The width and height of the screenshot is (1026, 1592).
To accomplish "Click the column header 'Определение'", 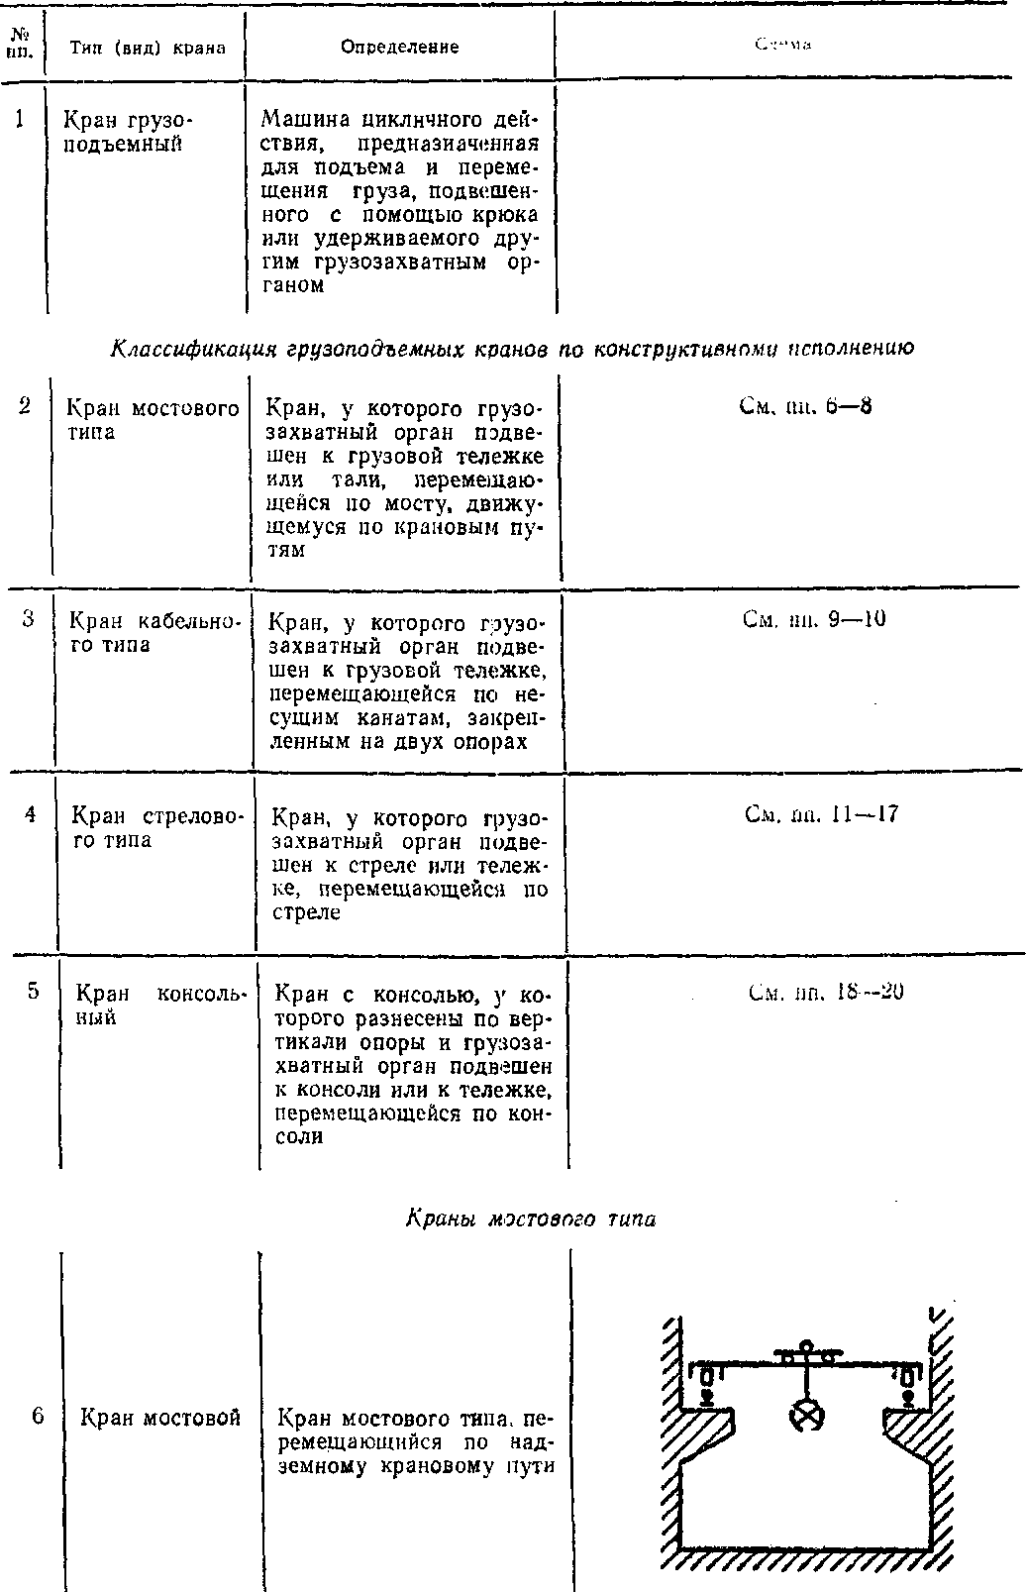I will click(x=399, y=47).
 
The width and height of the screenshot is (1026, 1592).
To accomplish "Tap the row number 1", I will click(x=21, y=120).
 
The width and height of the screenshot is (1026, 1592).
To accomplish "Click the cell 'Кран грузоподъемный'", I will click(x=129, y=132).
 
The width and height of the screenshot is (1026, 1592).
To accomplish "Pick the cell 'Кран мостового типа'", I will click(x=153, y=420).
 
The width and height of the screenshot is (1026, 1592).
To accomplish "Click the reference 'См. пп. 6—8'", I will click(x=805, y=406).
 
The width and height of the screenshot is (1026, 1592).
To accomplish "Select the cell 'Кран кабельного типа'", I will click(x=154, y=633).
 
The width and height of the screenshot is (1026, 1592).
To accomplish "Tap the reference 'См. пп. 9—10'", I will click(x=813, y=620).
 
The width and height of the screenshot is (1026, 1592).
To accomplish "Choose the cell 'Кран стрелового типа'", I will click(x=156, y=828).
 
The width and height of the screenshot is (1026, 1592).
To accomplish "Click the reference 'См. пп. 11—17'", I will click(x=821, y=815).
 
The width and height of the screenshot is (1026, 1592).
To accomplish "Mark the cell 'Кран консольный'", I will click(x=161, y=1005).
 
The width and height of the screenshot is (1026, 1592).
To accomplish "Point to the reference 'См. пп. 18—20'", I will click(x=827, y=993).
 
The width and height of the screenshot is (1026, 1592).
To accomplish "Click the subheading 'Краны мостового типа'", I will click(x=530, y=1219).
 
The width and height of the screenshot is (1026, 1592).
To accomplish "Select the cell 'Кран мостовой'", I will click(x=160, y=1418).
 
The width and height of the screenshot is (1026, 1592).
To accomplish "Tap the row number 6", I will click(x=38, y=1416).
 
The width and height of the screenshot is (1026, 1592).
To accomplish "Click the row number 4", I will click(x=31, y=814).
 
